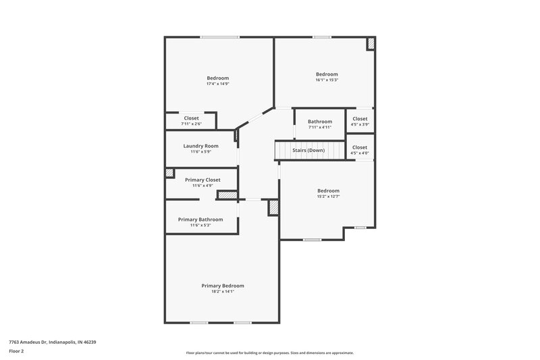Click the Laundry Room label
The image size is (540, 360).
click(201, 146)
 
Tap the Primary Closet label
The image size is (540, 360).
click(202, 180)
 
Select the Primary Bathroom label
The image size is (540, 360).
click(200, 220)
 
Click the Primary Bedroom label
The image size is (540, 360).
click(223, 286)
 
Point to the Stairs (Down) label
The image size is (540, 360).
click(308, 150)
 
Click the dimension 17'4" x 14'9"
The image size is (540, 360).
click(218, 84)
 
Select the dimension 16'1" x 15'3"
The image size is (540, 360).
click(327, 80)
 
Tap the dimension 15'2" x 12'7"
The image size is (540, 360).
click(328, 197)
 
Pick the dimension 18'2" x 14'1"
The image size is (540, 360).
click(223, 292)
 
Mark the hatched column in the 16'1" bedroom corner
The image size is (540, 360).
click(371, 43)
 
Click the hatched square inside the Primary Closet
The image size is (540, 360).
click(170, 174)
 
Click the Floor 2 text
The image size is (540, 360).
click(16, 352)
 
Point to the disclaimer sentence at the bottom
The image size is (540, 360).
click(269, 353)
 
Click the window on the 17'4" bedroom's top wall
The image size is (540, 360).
click(219, 37)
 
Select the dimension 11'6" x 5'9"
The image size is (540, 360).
click(201, 152)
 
